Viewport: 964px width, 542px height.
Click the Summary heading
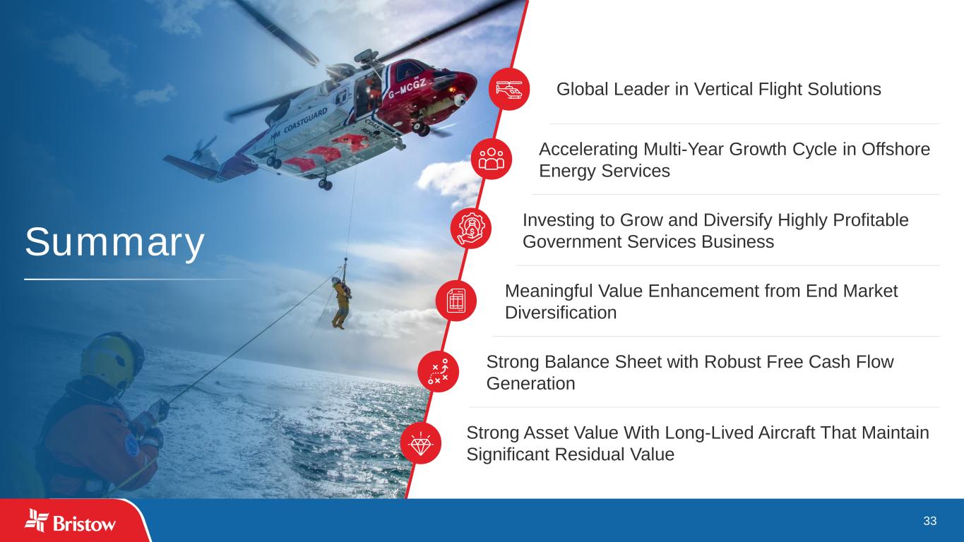tap(114, 243)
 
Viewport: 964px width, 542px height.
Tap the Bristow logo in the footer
tap(71, 521)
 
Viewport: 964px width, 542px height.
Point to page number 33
tap(930, 521)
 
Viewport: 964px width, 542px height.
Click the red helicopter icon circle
tap(509, 89)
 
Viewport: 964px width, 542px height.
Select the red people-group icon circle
tap(492, 159)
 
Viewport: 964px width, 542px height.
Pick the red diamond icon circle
tap(420, 443)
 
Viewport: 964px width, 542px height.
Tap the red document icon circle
tap(456, 300)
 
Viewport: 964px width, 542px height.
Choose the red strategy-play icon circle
tap(438, 372)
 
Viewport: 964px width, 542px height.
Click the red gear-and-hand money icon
tap(471, 229)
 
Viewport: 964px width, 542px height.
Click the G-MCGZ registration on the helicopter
tap(407, 88)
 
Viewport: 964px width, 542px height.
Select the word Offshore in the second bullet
tap(895, 150)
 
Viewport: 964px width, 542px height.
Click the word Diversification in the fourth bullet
tap(561, 313)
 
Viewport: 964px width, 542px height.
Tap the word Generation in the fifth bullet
tap(530, 384)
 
